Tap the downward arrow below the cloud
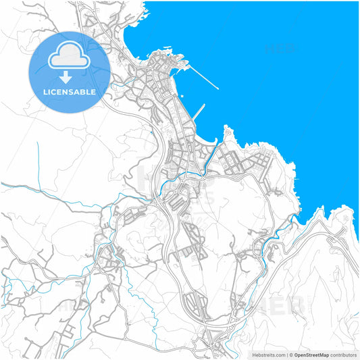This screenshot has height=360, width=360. point(65,76)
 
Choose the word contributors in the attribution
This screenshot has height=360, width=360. point(344,355)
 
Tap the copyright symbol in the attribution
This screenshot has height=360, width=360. point(290,355)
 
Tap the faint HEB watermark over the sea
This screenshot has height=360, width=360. point(278,49)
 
